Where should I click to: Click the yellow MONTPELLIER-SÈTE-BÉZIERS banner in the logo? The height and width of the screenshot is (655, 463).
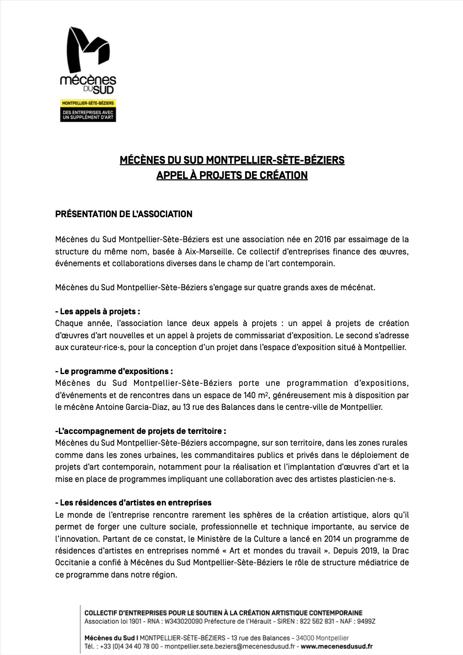[87, 103]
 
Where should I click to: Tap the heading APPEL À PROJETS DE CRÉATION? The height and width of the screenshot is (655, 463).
[231, 175]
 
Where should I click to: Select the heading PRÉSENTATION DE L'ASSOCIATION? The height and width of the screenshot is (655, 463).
[124, 214]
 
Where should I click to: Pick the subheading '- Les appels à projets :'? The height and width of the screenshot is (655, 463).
[98, 312]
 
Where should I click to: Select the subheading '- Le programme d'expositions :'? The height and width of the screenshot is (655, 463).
[114, 372]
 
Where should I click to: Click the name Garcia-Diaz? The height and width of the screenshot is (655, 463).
[154, 407]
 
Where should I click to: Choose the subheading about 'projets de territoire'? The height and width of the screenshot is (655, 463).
[141, 431]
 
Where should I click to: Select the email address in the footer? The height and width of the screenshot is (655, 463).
[229, 647]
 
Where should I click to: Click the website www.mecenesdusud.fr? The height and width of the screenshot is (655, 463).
[336, 647]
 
